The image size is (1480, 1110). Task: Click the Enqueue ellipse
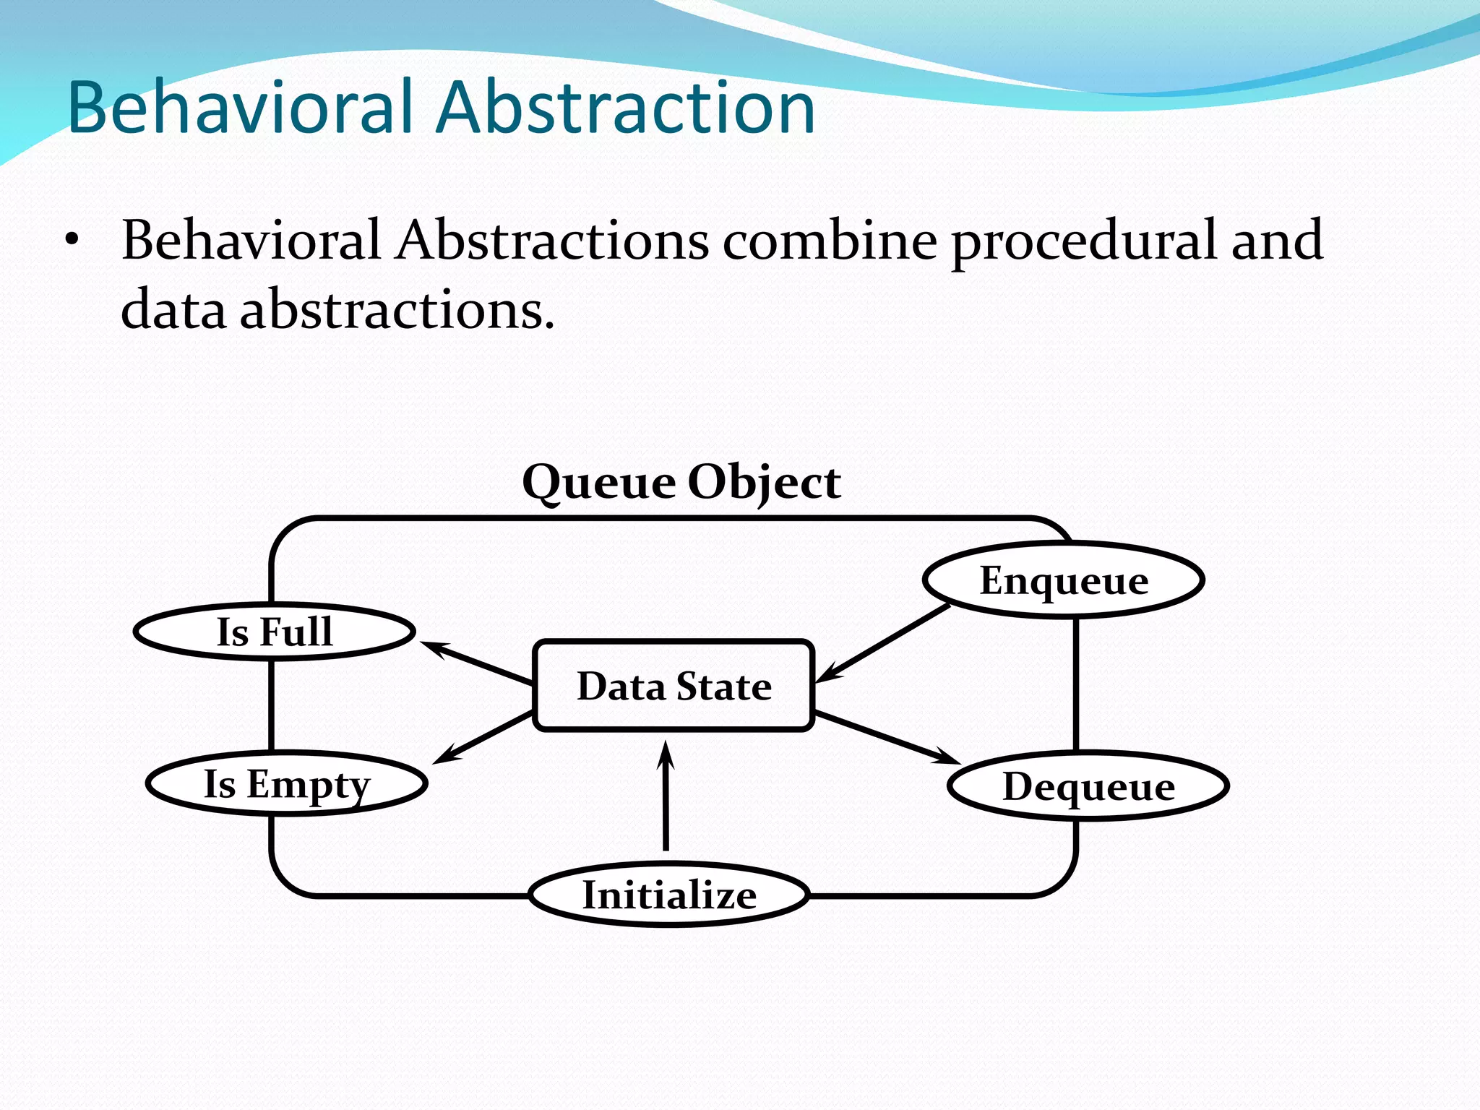pyautogui.click(x=1063, y=580)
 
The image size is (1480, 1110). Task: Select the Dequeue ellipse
pyautogui.click(x=1088, y=786)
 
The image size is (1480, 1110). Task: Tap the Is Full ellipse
pyautogui.click(x=275, y=632)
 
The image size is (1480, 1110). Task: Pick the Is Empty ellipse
pyautogui.click(x=286, y=784)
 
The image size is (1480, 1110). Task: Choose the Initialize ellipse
pyautogui.click(x=668, y=895)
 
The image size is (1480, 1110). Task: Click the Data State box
pyautogui.click(x=674, y=686)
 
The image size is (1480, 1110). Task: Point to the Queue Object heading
pyautogui.click(x=681, y=482)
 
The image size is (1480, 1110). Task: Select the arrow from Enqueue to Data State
pyautogui.click(x=885, y=642)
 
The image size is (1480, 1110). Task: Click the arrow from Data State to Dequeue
pyautogui.click(x=885, y=737)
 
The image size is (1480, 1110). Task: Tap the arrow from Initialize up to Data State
pyautogui.click(x=666, y=795)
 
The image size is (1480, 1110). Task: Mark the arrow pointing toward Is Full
pyautogui.click(x=477, y=662)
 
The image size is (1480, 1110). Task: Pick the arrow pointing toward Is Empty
pyautogui.click(x=483, y=738)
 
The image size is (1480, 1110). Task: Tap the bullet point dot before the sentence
pyautogui.click(x=70, y=241)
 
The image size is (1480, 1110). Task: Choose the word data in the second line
pyautogui.click(x=173, y=309)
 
